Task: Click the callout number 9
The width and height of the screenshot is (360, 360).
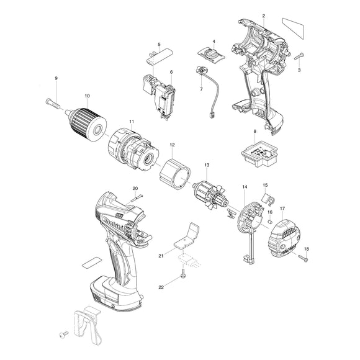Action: point(56,78)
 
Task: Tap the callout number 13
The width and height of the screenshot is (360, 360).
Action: point(207,165)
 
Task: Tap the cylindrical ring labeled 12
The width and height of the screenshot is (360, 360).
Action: point(173,173)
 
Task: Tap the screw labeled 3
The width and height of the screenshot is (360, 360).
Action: point(299,56)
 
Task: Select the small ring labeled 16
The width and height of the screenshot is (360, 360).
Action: point(271,222)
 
